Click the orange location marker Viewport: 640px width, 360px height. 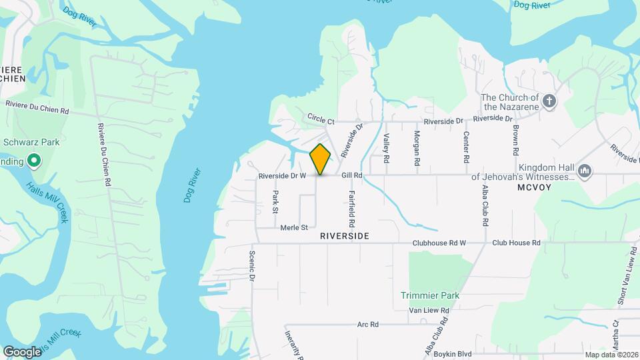pos(321,159)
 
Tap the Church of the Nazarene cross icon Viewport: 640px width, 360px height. pos(549,101)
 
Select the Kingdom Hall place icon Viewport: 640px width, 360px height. pos(585,171)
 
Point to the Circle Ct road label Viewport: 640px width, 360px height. pos(321,121)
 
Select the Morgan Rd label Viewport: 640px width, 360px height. pos(417,148)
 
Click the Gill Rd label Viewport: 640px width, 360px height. pos(351,175)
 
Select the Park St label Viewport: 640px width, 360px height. pos(275,202)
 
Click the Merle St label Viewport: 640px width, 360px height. pos(294,227)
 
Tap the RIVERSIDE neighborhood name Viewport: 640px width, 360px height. pos(344,237)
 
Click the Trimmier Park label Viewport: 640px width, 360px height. pos(431,295)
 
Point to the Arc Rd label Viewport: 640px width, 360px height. pos(367,325)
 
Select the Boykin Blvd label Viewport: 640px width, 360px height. pos(453,354)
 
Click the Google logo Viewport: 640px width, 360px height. pos(22,351)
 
